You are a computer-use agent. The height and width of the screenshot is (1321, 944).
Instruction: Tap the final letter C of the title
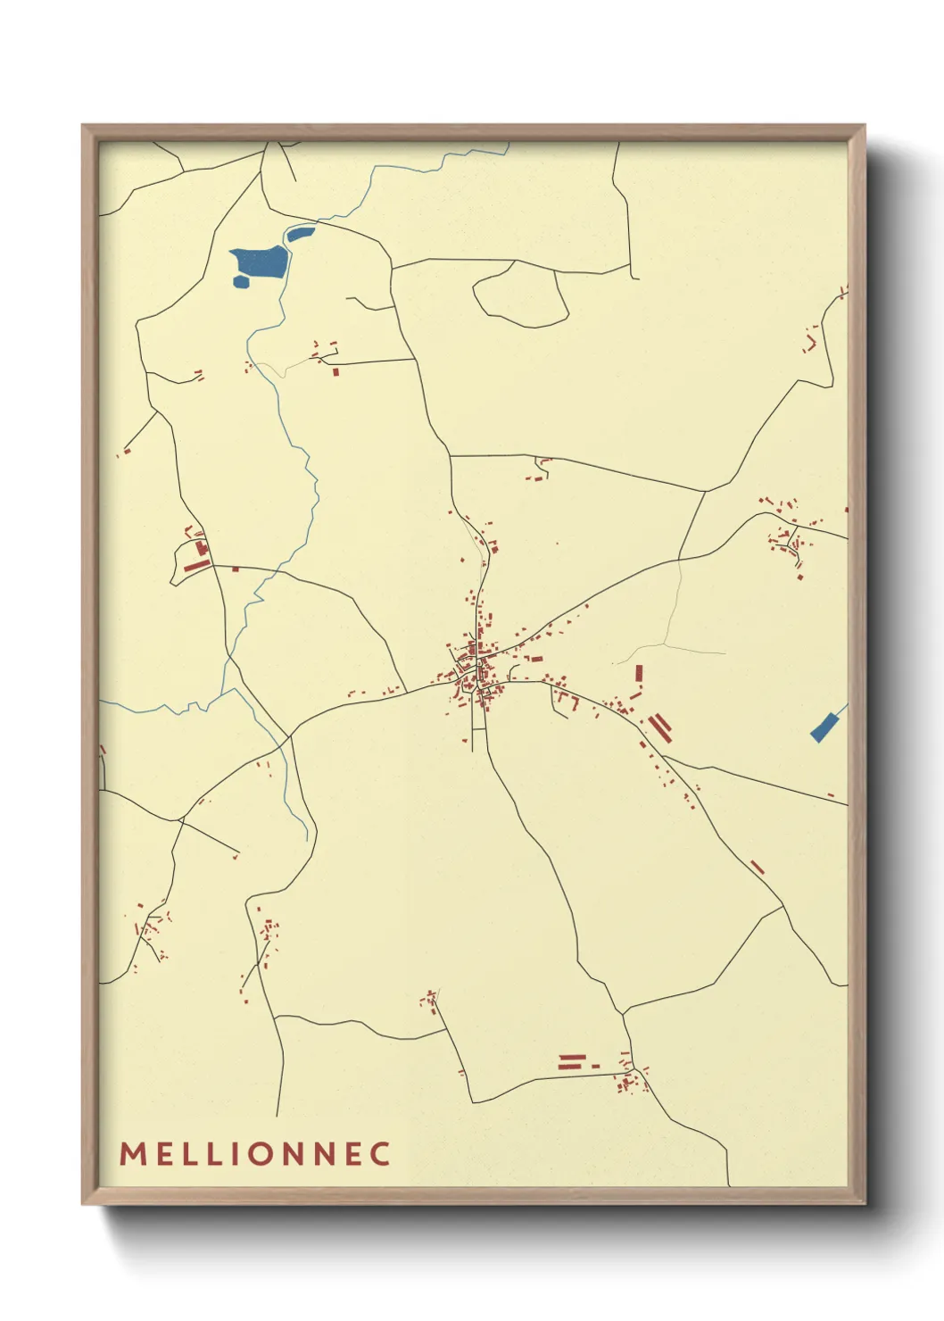tap(381, 1153)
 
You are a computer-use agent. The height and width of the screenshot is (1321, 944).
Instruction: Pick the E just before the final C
tap(351, 1153)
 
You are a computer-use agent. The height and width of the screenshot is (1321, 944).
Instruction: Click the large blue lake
tap(260, 263)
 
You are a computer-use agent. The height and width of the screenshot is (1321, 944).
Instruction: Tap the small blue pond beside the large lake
tap(299, 235)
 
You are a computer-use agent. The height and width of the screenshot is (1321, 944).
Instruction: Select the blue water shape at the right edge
tap(826, 726)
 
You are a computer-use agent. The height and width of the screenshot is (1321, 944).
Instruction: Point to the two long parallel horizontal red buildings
tap(570, 1060)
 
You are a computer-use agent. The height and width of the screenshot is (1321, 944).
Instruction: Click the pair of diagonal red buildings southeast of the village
tap(660, 727)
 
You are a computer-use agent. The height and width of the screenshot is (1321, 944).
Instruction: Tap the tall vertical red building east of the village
tap(639, 674)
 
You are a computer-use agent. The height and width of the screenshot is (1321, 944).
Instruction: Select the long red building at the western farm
tap(196, 565)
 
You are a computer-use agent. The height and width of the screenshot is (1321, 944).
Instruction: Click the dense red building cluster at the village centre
tap(473, 669)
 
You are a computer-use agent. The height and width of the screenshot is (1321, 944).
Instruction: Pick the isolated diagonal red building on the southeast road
tap(758, 867)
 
